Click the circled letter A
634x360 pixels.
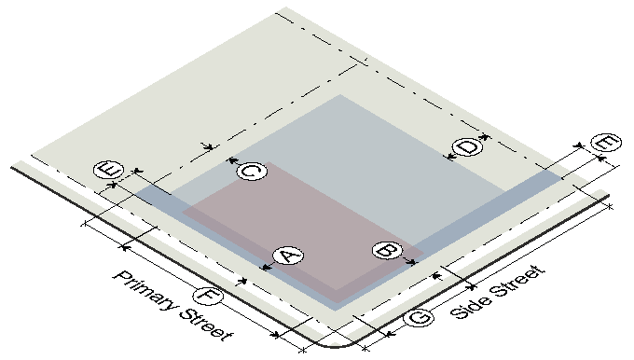288,256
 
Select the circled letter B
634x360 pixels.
387,250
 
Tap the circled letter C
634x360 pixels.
252,171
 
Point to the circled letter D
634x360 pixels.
468,146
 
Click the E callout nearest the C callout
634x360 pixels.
108,170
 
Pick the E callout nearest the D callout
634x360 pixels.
606,142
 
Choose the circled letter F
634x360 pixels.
207,295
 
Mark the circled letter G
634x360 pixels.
419,316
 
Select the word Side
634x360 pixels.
469,305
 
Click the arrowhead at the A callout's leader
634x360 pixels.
267,267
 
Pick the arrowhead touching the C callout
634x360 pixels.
231,161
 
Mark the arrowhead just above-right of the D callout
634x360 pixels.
485,137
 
